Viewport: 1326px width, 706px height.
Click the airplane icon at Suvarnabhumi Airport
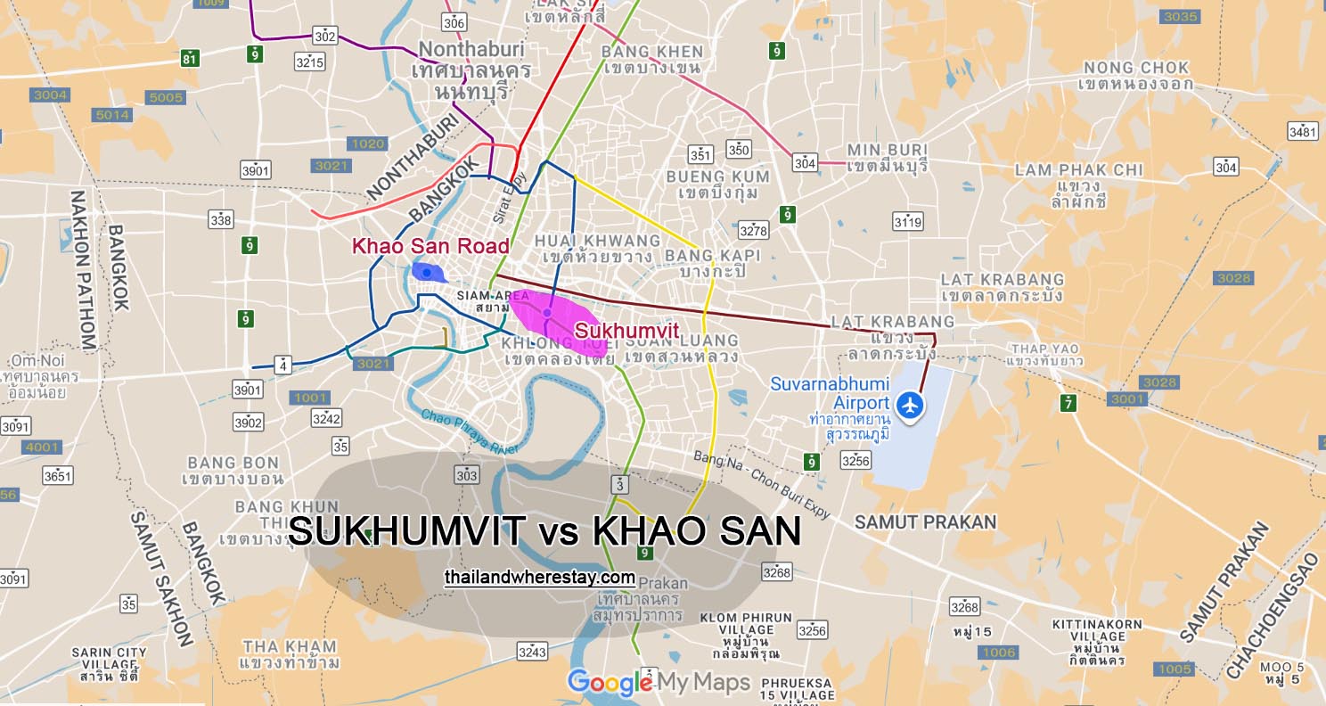point(910,405)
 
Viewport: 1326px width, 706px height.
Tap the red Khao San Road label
point(430,246)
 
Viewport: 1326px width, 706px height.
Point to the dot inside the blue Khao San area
point(427,272)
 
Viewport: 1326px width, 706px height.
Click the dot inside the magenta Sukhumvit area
point(546,312)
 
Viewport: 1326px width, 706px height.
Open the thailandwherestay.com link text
point(539,578)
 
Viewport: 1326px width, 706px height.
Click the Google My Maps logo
point(659,683)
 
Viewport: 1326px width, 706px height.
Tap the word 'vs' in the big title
point(558,532)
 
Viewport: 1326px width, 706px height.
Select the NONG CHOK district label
point(1135,68)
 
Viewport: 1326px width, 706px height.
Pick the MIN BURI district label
point(887,150)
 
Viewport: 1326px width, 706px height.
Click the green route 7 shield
point(1068,403)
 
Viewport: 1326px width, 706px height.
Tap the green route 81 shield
point(189,59)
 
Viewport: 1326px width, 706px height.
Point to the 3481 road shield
point(1302,132)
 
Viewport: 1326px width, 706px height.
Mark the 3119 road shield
point(907,221)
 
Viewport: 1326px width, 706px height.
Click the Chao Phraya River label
point(471,431)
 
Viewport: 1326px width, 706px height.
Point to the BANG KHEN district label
point(652,52)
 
